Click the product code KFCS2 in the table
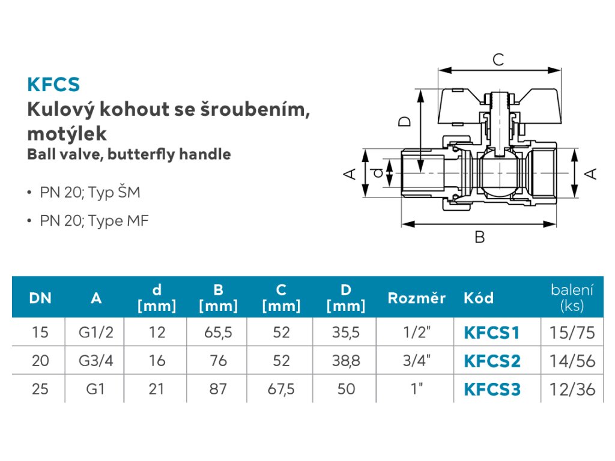(x=492, y=361)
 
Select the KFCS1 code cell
(x=491, y=333)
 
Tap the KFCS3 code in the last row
(x=492, y=389)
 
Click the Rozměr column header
(x=417, y=298)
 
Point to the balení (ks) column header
(x=572, y=298)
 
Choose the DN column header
(x=40, y=298)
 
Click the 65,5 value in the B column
(x=218, y=333)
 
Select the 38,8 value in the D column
(x=345, y=361)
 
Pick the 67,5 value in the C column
(x=281, y=389)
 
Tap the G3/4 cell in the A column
(x=95, y=361)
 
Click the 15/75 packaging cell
(x=572, y=333)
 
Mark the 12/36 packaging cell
(x=572, y=389)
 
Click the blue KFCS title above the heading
(x=53, y=84)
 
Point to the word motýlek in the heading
(x=67, y=134)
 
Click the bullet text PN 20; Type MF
(x=94, y=221)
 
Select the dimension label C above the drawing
(x=498, y=59)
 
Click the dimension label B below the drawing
(x=480, y=237)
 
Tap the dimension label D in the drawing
(x=404, y=121)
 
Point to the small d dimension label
(x=377, y=173)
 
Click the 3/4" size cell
(x=417, y=361)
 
